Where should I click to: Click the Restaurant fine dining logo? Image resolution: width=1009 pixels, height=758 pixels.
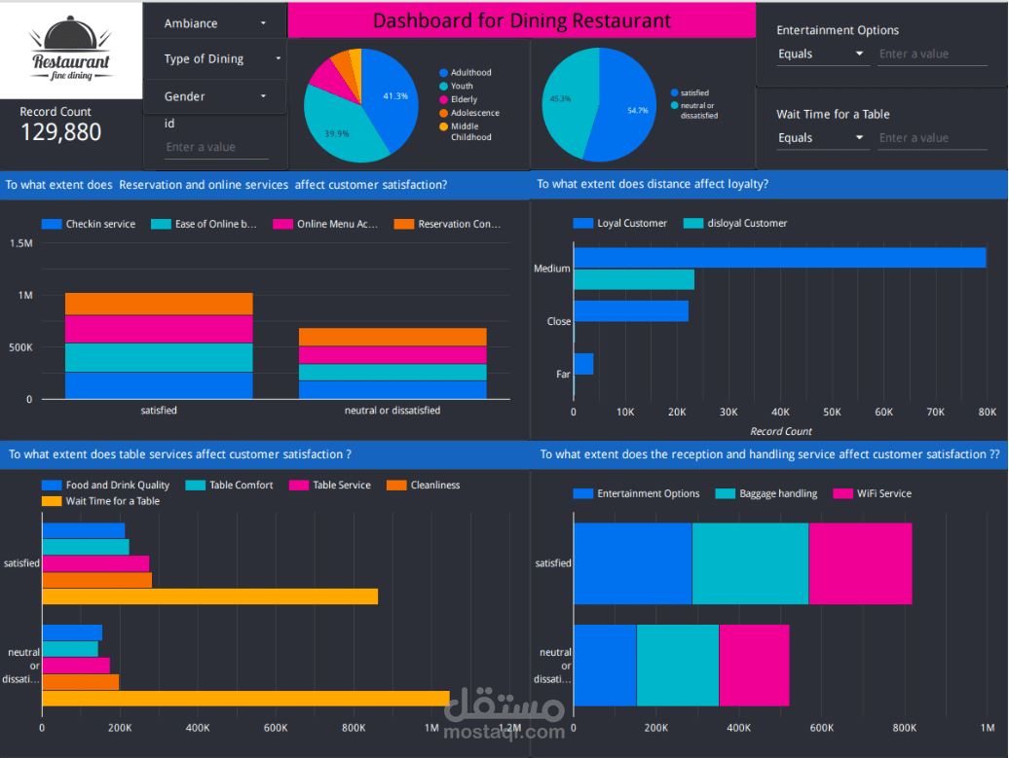(x=70, y=50)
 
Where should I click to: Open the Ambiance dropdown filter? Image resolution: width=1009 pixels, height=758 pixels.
(x=214, y=23)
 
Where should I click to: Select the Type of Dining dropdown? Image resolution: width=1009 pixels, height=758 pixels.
(x=214, y=59)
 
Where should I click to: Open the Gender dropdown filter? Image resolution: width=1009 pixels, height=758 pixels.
(x=214, y=96)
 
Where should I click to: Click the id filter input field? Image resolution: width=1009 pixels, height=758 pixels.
(x=216, y=148)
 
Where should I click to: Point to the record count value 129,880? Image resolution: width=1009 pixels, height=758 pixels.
(x=60, y=132)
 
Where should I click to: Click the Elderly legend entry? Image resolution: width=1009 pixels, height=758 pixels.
(x=464, y=99)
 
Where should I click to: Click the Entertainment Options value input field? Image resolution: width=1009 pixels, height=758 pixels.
(x=932, y=54)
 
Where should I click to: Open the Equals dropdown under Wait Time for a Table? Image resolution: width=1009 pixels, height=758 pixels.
(x=821, y=138)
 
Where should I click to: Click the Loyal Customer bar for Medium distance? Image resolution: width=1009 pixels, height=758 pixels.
(x=779, y=258)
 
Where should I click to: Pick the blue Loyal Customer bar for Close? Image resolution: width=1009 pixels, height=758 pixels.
(x=631, y=311)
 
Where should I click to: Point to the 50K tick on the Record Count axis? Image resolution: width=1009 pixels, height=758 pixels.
(x=832, y=413)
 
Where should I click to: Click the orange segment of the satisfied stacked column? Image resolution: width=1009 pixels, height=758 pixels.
(x=159, y=304)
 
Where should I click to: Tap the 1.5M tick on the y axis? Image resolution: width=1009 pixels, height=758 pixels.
(x=20, y=243)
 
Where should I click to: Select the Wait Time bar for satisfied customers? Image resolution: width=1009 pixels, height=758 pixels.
(x=209, y=596)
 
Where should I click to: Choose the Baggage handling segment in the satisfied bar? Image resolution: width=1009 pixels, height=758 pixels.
(x=750, y=563)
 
